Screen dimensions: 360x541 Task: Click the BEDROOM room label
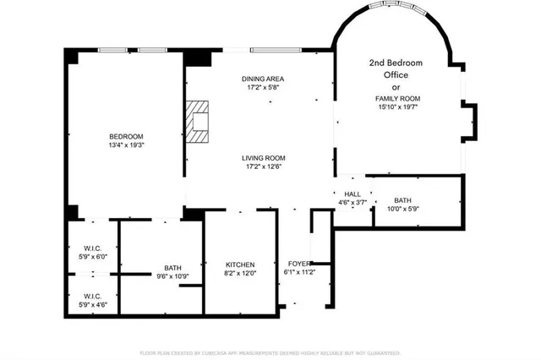125,137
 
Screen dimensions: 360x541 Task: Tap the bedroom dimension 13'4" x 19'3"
125,145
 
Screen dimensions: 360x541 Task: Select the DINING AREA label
262,78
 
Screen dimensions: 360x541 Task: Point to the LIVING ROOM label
263,157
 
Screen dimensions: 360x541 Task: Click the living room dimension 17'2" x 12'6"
263,166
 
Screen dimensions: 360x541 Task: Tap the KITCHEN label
239,265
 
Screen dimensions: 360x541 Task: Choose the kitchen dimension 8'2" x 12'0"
239,273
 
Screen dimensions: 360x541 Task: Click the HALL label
352,194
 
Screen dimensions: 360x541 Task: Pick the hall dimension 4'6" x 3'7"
352,203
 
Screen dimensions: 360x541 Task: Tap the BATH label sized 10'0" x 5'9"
402,200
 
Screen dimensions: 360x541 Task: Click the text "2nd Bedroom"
396,63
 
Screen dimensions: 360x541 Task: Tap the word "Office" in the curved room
396,74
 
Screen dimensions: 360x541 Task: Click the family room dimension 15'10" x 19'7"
397,107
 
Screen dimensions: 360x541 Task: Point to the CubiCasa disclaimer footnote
270,352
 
